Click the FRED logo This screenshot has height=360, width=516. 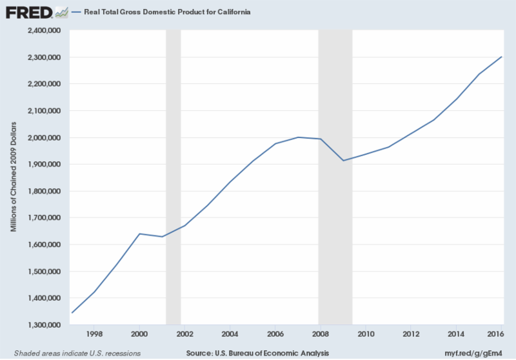pyautogui.click(x=29, y=12)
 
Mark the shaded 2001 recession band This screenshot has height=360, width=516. pyautogui.click(x=173, y=177)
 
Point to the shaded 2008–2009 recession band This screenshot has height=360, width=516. pyautogui.click(x=335, y=177)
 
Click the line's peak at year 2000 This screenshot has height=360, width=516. pyautogui.click(x=139, y=234)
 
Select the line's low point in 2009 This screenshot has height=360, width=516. pyautogui.click(x=344, y=161)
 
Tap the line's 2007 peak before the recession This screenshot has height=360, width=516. pyautogui.click(x=299, y=137)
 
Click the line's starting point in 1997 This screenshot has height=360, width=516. pyautogui.click(x=72, y=313)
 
